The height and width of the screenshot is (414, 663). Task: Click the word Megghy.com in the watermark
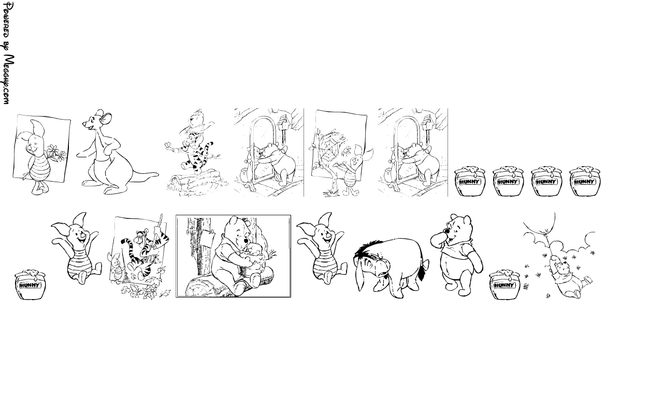pyautogui.click(x=9, y=79)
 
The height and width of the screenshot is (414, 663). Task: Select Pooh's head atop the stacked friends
pyautogui.click(x=196, y=119)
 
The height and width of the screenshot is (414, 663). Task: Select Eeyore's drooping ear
pyautogui.click(x=360, y=276)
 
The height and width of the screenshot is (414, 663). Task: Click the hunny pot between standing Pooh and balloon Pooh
pyautogui.click(x=505, y=285)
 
